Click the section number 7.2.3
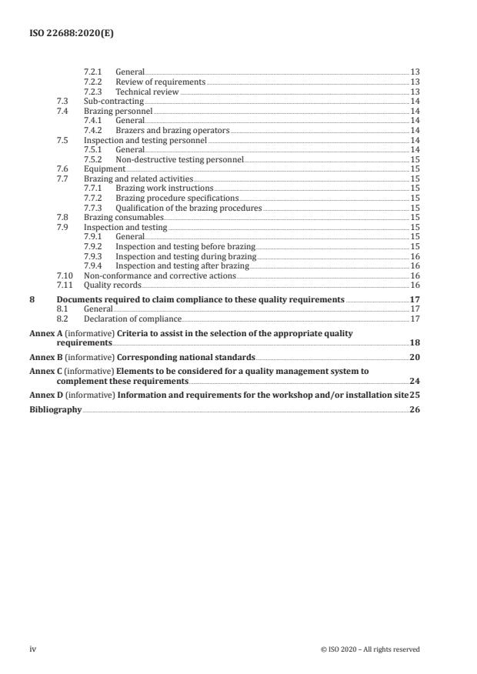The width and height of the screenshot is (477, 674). [x=93, y=92]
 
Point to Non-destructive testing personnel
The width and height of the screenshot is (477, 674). [x=178, y=161]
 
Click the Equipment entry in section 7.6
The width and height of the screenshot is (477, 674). [x=104, y=168]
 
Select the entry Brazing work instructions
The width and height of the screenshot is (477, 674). [x=164, y=188]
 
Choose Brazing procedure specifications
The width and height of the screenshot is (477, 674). [x=177, y=198]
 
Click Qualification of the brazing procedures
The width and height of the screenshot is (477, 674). [x=188, y=208]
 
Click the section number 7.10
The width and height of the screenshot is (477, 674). [x=65, y=275]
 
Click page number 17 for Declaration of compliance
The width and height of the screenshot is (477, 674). [x=415, y=319]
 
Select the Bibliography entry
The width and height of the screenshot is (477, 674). [x=55, y=410]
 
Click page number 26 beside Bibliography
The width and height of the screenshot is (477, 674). [x=415, y=410]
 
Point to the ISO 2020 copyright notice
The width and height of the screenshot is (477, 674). [x=369, y=649]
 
